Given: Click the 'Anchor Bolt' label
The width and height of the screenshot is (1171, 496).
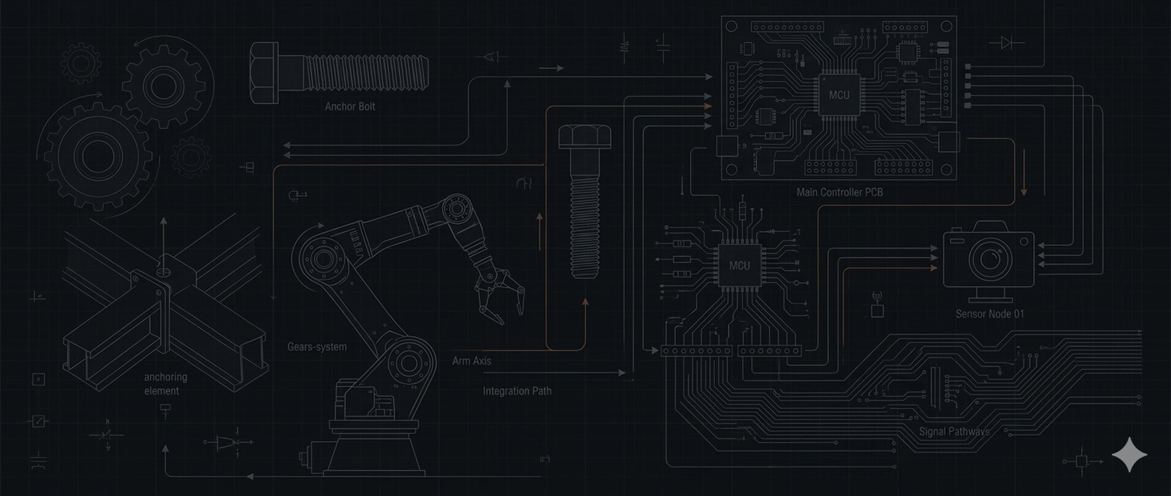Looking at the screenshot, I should click(x=349, y=107).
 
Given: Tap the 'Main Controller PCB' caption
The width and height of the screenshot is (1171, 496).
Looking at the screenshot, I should click(x=839, y=193).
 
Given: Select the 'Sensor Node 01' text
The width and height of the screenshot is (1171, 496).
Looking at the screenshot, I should click(x=989, y=314).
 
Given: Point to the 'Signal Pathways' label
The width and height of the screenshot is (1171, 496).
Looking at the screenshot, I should click(x=954, y=431).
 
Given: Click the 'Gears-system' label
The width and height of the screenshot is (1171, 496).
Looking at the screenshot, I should click(x=317, y=347).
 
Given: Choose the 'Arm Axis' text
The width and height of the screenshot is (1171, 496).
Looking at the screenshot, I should click(x=471, y=361).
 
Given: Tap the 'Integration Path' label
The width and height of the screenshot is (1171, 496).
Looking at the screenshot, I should click(x=517, y=391).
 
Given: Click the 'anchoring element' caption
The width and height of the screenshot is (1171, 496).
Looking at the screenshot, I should click(x=165, y=384).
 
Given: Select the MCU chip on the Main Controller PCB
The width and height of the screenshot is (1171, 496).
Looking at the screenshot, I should click(x=839, y=95).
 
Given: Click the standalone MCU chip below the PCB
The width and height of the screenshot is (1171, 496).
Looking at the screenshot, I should click(x=739, y=266).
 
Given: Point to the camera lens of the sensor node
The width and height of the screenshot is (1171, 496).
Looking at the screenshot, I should click(x=989, y=258).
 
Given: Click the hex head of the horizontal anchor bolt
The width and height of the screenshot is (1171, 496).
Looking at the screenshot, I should click(x=263, y=73).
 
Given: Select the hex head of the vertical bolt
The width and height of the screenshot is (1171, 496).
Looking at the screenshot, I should click(x=584, y=136).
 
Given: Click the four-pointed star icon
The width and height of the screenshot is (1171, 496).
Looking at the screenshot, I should click(x=1129, y=455).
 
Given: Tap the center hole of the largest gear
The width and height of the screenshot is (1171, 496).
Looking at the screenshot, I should click(x=95, y=156).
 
